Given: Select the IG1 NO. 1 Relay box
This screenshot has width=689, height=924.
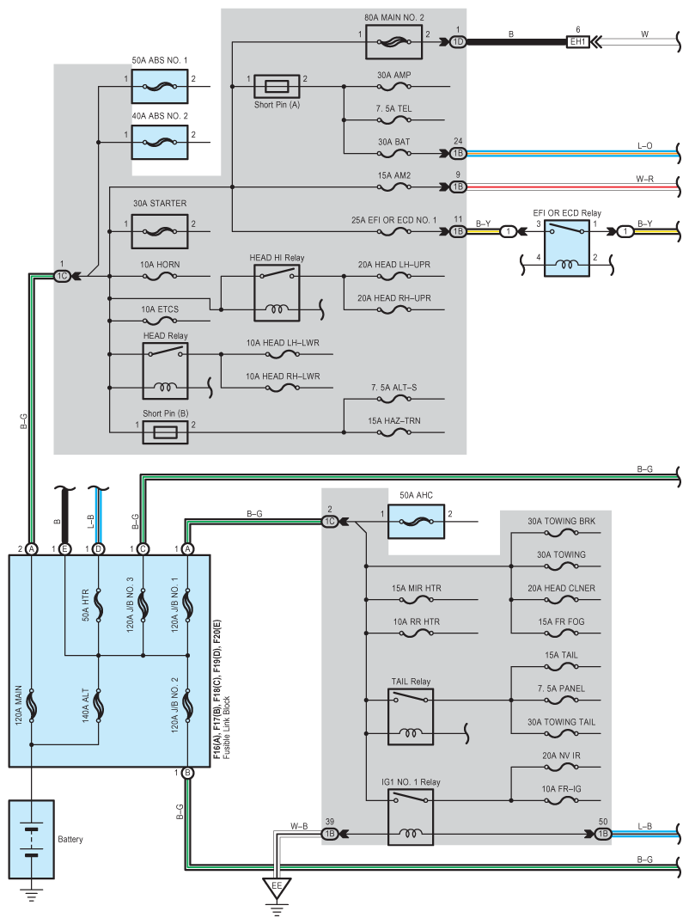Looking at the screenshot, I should (x=411, y=817).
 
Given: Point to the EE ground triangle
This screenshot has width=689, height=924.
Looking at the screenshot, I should (x=277, y=885).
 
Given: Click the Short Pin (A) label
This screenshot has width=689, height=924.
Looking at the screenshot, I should (x=277, y=104).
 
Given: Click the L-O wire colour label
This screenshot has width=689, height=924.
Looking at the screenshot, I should (x=644, y=146).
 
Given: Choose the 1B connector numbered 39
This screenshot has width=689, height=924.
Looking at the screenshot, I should (x=328, y=834).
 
